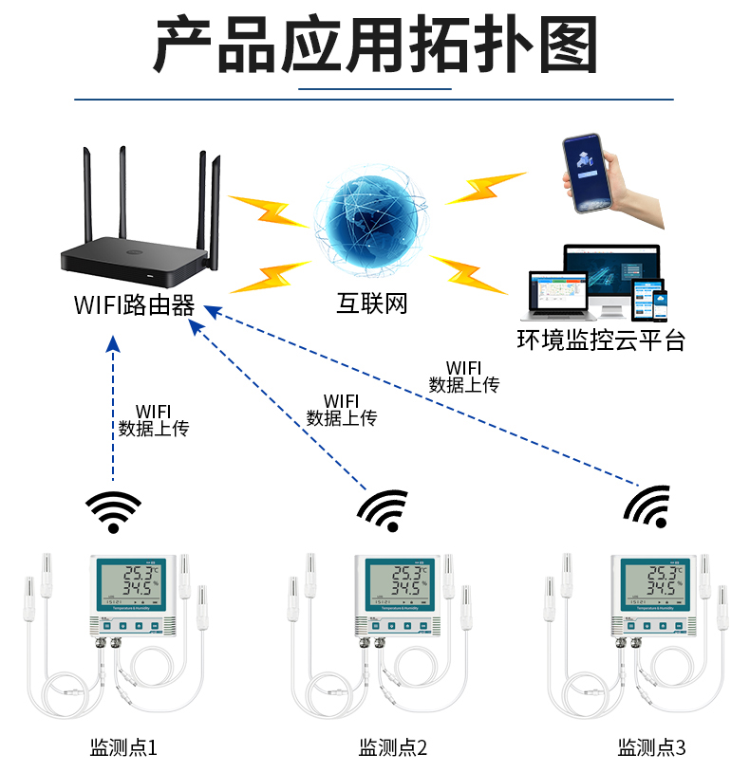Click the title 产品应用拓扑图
tap(375, 46)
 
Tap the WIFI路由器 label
tap(134, 305)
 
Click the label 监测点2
tap(392, 747)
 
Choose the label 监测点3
tap(651, 747)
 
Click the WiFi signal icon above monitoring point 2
tap(384, 510)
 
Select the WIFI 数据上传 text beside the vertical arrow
tap(153, 420)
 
